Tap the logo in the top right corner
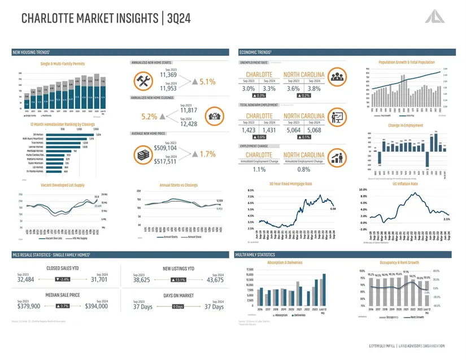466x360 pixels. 437,16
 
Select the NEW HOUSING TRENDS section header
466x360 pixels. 35,52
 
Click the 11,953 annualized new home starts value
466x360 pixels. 168,88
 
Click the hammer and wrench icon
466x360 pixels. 141,81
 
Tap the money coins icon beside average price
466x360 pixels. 141,154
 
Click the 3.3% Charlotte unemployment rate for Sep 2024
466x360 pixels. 269,89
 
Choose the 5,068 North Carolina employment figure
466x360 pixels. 315,129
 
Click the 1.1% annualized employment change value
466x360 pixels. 259,170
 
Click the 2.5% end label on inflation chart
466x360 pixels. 446,219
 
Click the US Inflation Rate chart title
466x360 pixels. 404,184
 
